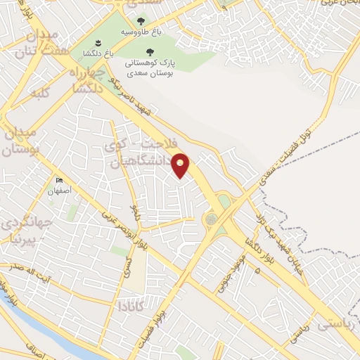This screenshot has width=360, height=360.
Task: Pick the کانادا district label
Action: tap(131, 305)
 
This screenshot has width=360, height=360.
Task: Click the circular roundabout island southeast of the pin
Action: tap(210, 219)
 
